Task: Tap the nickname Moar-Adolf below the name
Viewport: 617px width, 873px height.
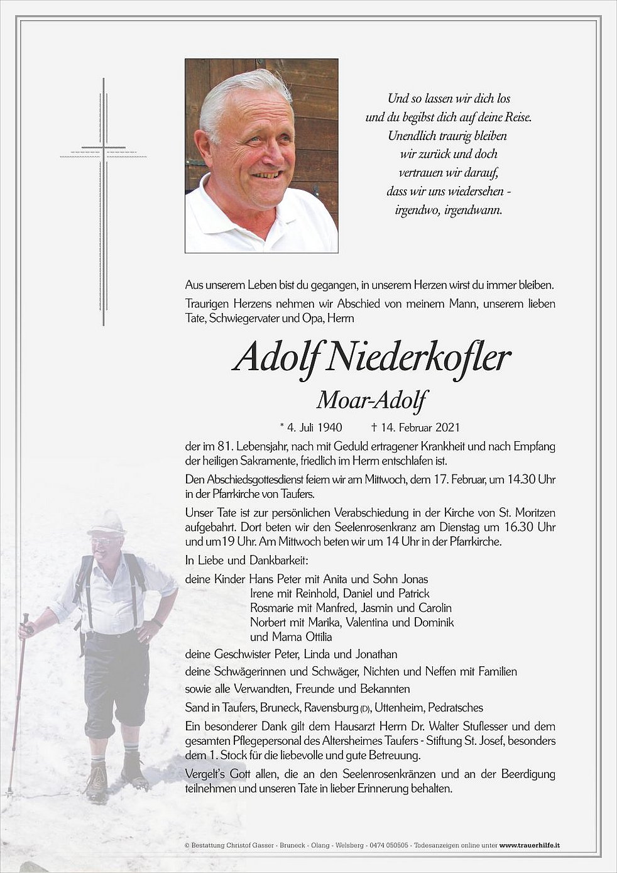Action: coord(371,400)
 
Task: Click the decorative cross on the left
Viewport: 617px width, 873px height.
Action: coord(104,201)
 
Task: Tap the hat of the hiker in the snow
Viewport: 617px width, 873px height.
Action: coord(107,522)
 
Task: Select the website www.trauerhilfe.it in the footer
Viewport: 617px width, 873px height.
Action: coord(530,846)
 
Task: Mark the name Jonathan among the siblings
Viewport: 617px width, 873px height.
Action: coord(375,654)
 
